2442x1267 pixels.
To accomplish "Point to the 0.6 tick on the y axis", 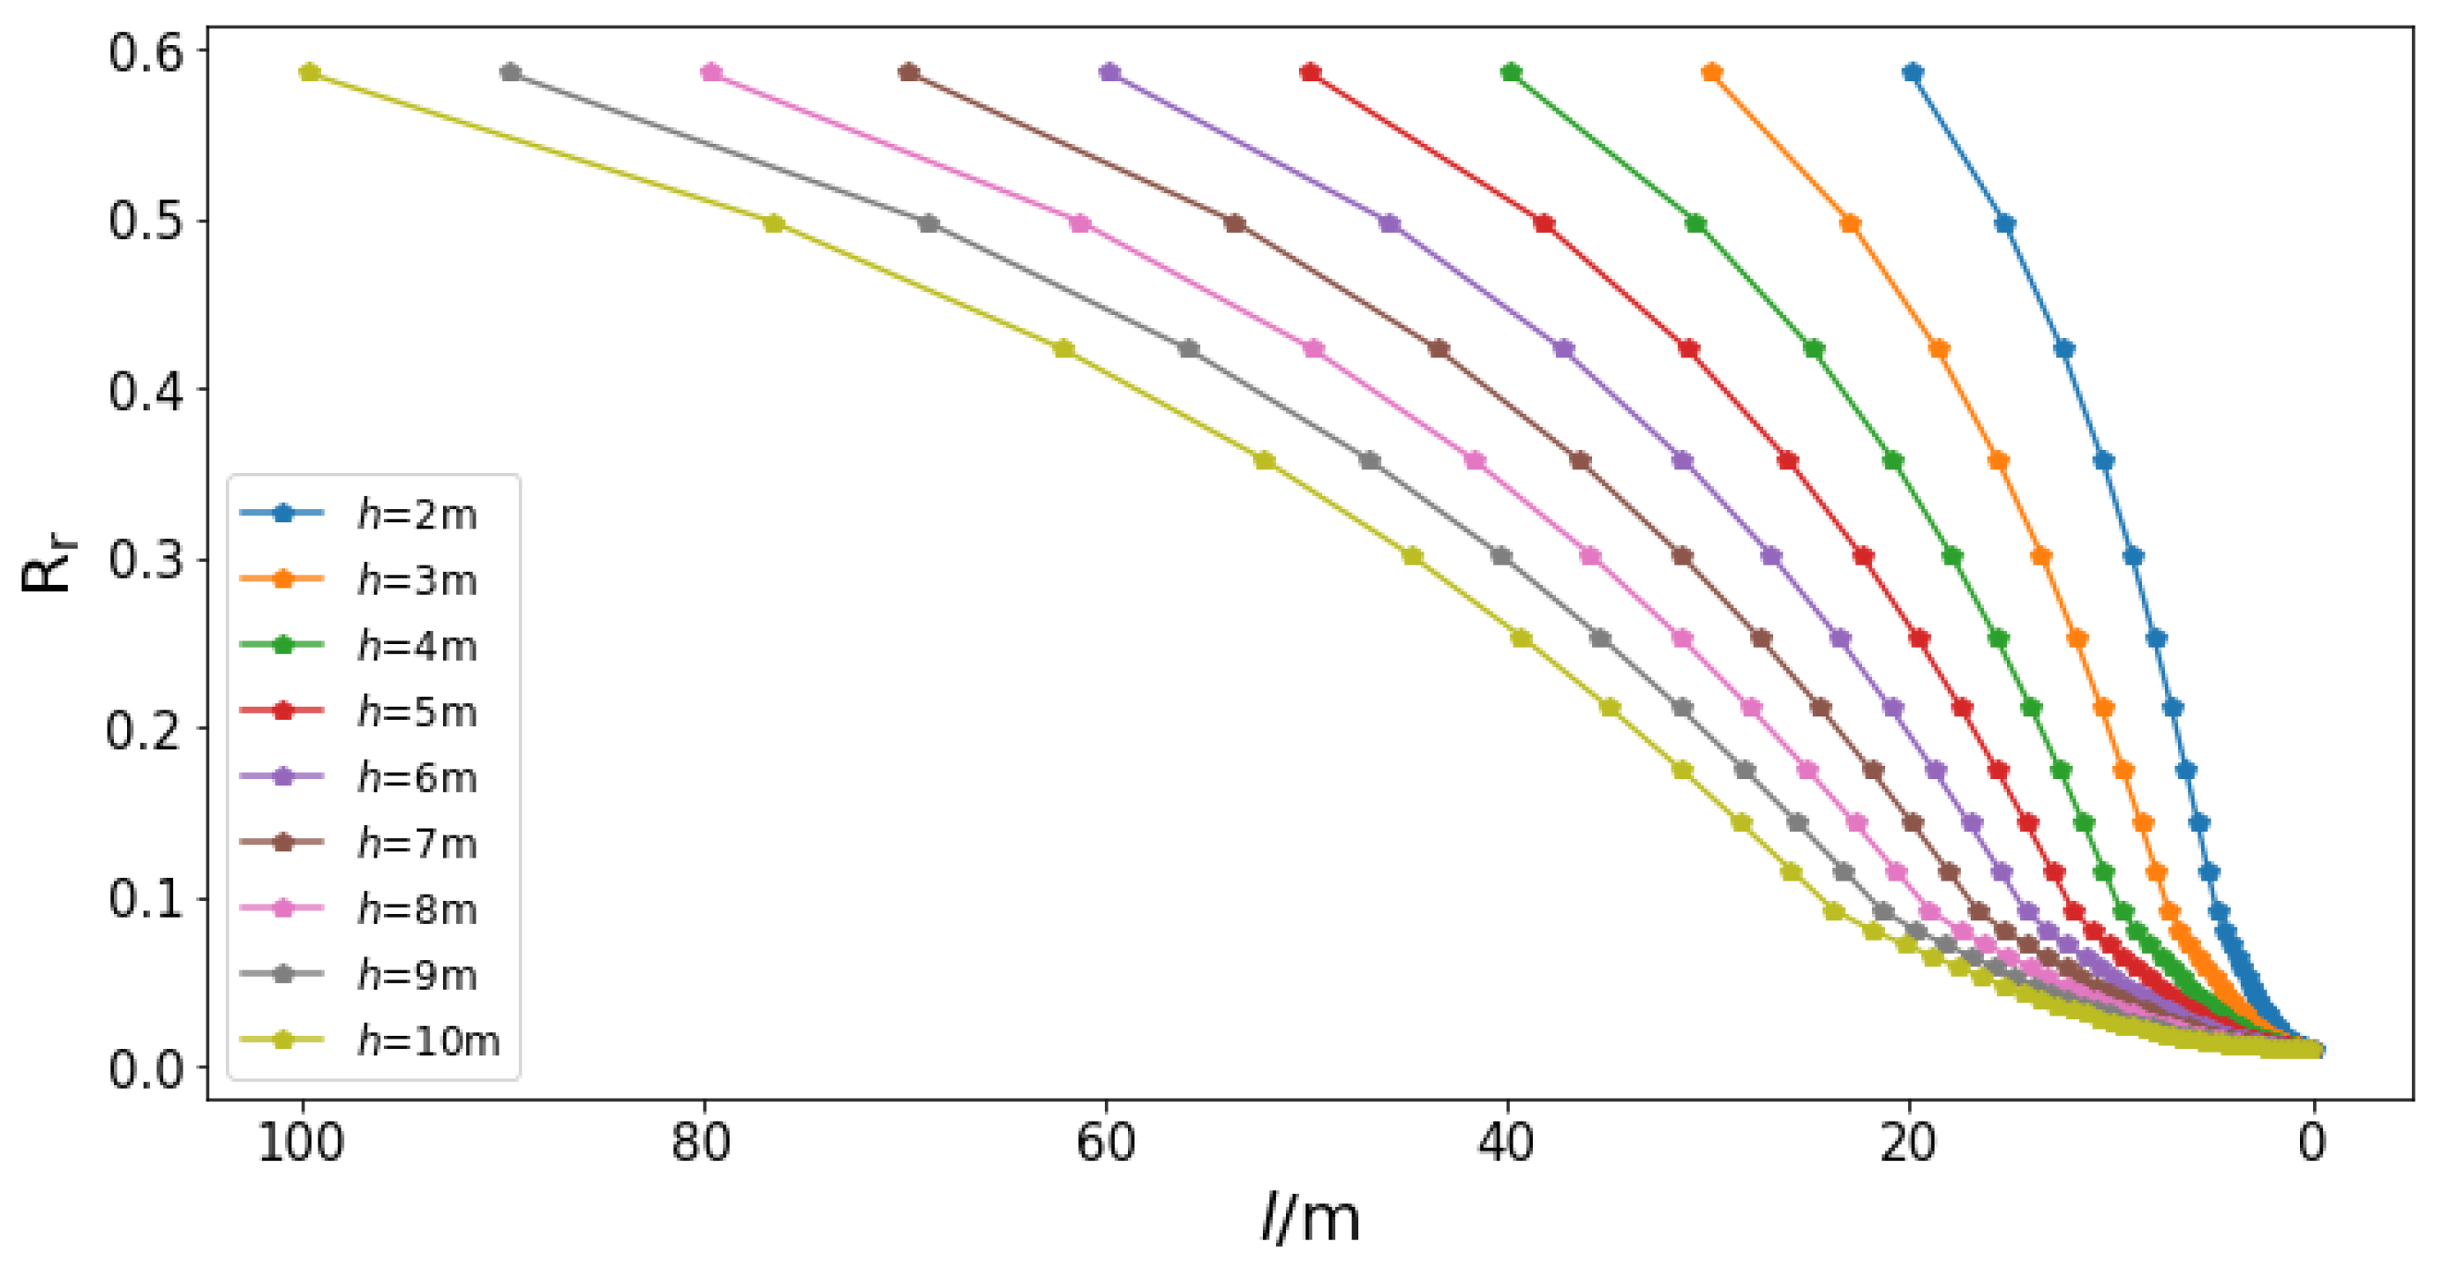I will tap(145, 53).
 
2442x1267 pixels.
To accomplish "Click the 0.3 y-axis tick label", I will tap(145, 559).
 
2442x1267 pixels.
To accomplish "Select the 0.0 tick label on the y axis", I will tap(145, 1068).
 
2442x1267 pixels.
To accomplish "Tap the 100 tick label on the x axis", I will tap(302, 1143).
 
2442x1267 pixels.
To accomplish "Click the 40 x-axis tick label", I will tap(1507, 1143).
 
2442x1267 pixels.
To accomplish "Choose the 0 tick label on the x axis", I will tap(2312, 1143).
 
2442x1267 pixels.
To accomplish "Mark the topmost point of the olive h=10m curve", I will tap(310, 73).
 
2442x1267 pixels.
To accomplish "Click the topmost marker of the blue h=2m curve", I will tap(1913, 73).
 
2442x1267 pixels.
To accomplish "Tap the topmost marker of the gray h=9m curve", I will tap(511, 73).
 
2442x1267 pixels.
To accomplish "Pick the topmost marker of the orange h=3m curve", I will tap(1712, 73).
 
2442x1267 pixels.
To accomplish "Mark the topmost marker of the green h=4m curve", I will tap(1511, 73).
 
